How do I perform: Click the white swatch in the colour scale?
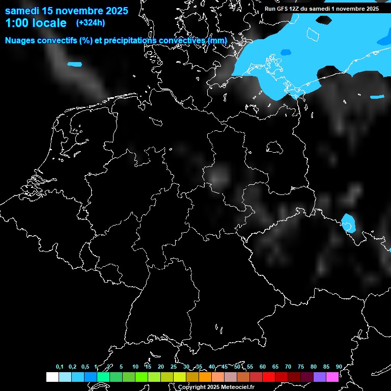click(52, 377)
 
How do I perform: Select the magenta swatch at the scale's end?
click(332, 377)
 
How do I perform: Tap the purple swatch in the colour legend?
click(320, 377)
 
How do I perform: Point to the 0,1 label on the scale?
click(60, 367)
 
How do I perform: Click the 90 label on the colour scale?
click(339, 367)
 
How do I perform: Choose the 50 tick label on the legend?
click(237, 367)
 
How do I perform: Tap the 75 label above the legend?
click(301, 367)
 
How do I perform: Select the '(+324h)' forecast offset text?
click(90, 23)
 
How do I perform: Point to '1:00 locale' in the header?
click(36, 23)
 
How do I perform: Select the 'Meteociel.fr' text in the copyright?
click(238, 387)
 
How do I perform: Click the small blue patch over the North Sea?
click(74, 64)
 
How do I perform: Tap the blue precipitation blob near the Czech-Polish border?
click(348, 223)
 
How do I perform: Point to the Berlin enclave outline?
click(274, 147)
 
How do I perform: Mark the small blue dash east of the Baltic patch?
click(377, 97)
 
